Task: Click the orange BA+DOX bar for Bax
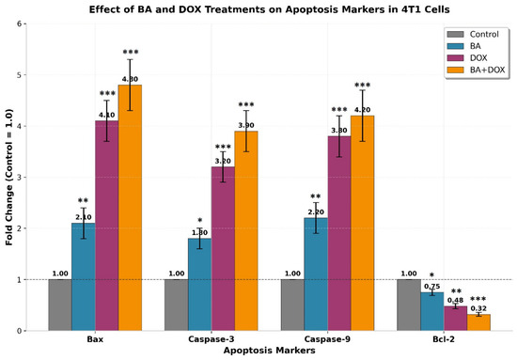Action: click(x=130, y=208)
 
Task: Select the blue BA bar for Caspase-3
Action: click(x=200, y=285)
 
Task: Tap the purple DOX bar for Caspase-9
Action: click(x=339, y=233)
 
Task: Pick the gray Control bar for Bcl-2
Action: click(x=409, y=305)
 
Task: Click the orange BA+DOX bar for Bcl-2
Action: click(x=478, y=322)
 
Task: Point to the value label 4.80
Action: click(x=130, y=79)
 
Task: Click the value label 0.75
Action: click(x=432, y=287)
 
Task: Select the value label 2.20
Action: click(x=316, y=212)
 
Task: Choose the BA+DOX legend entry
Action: click(x=476, y=70)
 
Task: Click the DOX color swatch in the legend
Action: click(x=455, y=57)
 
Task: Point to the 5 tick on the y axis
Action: click(x=20, y=75)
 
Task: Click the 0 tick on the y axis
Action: click(x=20, y=331)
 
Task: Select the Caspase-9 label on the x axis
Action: click(x=327, y=339)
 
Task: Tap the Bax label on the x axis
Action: click(x=95, y=339)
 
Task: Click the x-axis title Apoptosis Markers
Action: click(x=270, y=350)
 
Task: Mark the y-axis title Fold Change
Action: click(x=8, y=177)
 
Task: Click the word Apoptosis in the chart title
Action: click(x=309, y=9)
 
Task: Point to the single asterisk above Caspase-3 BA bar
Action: click(x=200, y=220)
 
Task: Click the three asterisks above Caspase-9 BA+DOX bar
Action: click(x=362, y=85)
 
